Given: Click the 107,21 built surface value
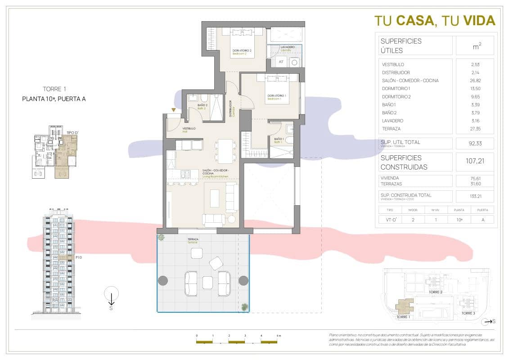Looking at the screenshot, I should point(475,161).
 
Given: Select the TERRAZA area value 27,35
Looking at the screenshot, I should point(475,129).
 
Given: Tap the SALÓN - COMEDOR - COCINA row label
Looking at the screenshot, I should point(410,81).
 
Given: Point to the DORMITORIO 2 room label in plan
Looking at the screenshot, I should point(242,50).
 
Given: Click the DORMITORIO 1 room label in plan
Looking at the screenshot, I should point(277,95).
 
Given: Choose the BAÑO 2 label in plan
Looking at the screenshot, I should point(202,105).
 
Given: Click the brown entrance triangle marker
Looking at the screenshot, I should point(174,110).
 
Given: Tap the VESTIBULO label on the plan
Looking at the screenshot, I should point(189,128).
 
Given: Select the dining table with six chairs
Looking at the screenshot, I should point(225,151).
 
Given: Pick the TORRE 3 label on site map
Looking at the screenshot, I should point(468,313).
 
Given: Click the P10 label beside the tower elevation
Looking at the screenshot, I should point(79,257).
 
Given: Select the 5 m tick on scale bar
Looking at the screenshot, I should point(278,336).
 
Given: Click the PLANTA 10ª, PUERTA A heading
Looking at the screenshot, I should point(54,99).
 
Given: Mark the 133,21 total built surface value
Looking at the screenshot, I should point(475,196).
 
